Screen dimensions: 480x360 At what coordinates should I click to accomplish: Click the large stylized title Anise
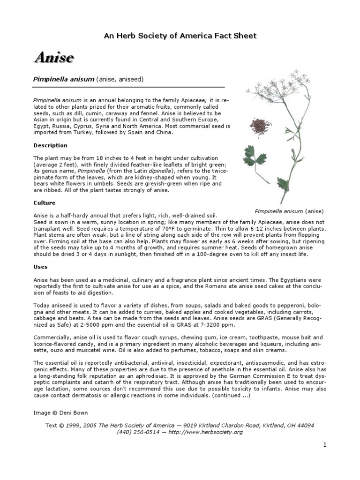point(53,58)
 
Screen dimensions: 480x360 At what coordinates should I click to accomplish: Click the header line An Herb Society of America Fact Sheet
point(180,36)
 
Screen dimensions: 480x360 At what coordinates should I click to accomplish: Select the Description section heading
point(50,145)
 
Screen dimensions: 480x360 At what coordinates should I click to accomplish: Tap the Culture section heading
point(44,203)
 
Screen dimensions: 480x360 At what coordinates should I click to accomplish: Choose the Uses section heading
point(40,267)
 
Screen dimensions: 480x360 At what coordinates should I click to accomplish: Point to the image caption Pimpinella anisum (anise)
point(289,211)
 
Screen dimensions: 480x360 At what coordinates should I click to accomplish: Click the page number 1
point(324,445)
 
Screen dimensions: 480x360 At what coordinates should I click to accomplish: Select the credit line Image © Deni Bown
point(60,412)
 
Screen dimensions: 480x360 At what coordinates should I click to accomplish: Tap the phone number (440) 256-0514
point(135,432)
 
